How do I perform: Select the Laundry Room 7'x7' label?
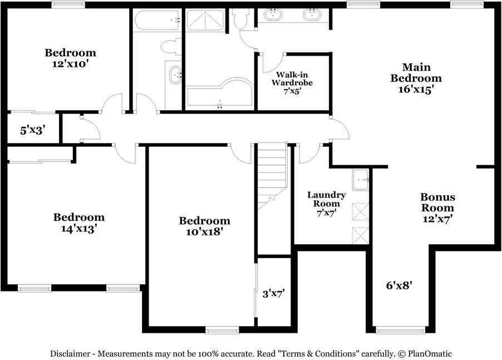pyautogui.click(x=327, y=204)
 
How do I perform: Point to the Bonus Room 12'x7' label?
pyautogui.click(x=437, y=208)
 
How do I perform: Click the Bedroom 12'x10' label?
pyautogui.click(x=70, y=58)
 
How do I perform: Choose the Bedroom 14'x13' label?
pyautogui.click(x=78, y=222)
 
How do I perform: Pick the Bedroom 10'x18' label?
pyautogui.click(x=204, y=226)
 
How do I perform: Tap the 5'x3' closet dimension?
pyautogui.click(x=32, y=130)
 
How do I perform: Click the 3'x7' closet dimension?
pyautogui.click(x=273, y=293)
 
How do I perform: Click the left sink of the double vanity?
pyautogui.click(x=273, y=14)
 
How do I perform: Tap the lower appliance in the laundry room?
pyautogui.click(x=361, y=235)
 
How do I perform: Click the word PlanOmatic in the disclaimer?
pyautogui.click(x=429, y=353)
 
